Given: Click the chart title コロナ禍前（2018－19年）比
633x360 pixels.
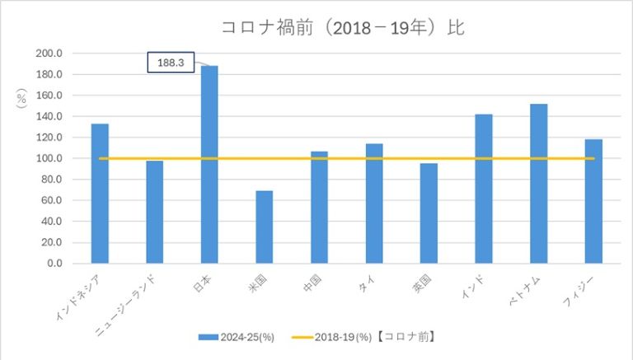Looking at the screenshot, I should (343, 27).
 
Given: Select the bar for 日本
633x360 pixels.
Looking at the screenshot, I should (209, 165).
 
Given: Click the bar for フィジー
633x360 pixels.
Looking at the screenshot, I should (593, 201).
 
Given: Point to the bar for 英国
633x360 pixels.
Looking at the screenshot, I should (429, 213).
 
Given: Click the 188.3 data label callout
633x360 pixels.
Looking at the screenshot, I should (171, 62).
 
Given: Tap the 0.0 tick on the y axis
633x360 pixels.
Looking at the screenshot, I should (55, 264).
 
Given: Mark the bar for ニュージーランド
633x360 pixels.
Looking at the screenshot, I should (155, 212).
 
